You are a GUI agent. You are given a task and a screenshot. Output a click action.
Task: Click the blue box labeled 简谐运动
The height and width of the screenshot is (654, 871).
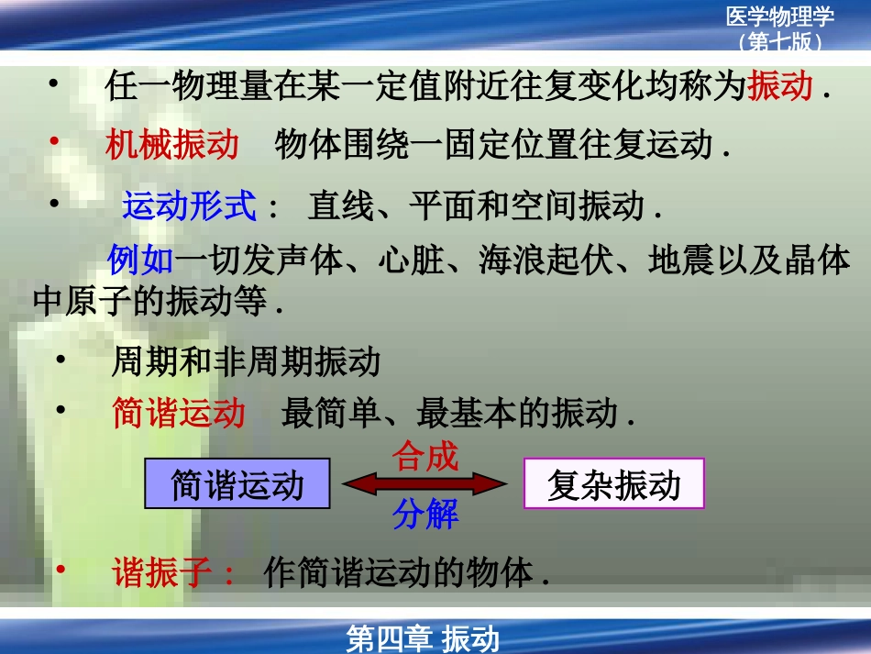click(x=237, y=483)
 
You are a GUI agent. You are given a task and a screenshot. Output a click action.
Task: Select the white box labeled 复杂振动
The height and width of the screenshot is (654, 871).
click(x=613, y=483)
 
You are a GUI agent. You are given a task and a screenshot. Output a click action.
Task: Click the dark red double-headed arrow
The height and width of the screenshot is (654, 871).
click(x=424, y=483)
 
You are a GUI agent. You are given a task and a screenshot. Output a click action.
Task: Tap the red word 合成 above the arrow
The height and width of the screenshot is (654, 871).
click(x=424, y=456)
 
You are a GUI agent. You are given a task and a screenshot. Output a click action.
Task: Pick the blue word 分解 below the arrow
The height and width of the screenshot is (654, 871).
click(x=425, y=514)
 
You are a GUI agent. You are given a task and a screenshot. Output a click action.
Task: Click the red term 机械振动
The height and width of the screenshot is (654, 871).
click(x=172, y=144)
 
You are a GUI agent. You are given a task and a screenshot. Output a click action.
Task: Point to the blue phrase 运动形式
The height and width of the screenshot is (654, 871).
click(x=190, y=205)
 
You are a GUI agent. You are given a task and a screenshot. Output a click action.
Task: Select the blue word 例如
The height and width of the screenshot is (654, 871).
click(x=140, y=260)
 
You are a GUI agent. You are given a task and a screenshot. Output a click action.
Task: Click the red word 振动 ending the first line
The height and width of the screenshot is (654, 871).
click(x=780, y=85)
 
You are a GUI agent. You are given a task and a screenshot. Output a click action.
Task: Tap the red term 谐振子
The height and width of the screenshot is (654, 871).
click(x=162, y=572)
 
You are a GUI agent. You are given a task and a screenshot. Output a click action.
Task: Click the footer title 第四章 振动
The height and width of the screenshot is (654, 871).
click(x=422, y=638)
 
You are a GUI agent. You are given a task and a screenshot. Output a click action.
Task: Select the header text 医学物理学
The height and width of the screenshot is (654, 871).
click(x=780, y=17)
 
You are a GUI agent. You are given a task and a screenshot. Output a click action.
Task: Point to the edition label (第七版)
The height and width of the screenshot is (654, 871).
click(x=780, y=41)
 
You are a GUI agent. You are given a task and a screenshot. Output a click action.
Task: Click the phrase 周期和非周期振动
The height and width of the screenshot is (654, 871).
click(x=246, y=361)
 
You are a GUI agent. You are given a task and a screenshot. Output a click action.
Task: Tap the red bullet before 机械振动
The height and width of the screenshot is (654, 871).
click(x=54, y=141)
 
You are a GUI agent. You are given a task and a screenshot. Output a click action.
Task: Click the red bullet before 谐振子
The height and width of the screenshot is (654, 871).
click(x=61, y=570)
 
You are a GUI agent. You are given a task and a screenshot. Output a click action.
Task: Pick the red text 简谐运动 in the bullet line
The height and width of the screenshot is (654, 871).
click(x=179, y=413)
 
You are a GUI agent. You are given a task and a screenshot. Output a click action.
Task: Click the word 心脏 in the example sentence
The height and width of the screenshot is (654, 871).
click(x=412, y=260)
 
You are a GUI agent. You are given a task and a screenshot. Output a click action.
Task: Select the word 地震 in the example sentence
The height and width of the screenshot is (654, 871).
click(x=681, y=260)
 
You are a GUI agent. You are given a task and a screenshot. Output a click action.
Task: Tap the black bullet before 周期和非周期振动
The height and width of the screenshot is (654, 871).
click(x=61, y=360)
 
